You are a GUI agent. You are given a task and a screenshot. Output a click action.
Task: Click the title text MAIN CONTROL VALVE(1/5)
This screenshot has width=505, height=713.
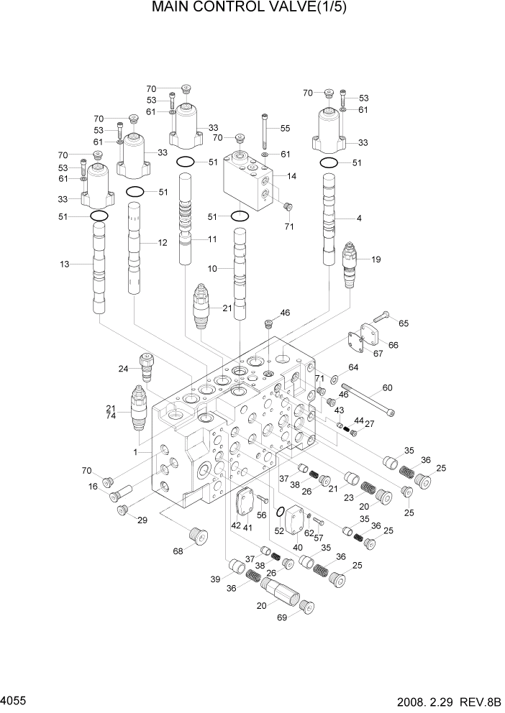(252, 10)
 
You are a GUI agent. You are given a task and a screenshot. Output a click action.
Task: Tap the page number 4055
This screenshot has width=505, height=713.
(16, 699)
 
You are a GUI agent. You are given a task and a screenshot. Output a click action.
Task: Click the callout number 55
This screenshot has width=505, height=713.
(285, 129)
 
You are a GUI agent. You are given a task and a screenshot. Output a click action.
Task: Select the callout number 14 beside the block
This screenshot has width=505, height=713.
(291, 176)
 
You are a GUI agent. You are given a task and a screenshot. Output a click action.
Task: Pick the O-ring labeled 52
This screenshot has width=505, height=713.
(281, 513)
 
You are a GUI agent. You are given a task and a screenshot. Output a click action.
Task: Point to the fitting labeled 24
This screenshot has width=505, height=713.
(148, 366)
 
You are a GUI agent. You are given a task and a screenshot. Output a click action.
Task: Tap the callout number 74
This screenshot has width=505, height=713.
(111, 417)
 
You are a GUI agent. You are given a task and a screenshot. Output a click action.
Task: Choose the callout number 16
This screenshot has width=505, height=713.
(93, 487)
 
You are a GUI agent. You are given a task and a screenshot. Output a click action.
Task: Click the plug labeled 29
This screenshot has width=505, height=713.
(122, 510)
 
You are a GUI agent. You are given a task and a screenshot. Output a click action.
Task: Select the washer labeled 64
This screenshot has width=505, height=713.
(335, 378)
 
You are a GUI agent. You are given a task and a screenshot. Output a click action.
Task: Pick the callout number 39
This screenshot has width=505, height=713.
(215, 579)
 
